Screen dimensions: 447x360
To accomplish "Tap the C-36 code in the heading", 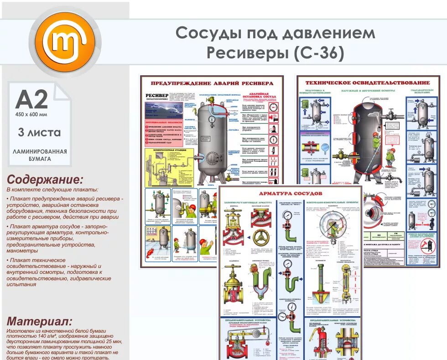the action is (x=319, y=53).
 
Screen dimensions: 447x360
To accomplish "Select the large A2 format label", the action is (x=31, y=99).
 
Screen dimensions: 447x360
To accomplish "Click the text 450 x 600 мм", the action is (x=31, y=114).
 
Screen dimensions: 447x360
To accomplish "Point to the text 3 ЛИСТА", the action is (x=39, y=133).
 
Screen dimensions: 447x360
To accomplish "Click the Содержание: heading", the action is (x=45, y=179).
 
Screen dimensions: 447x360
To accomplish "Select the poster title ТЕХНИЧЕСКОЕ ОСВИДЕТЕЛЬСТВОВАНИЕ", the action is (x=367, y=82).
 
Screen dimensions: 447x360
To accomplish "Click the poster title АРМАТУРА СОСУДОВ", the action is (x=290, y=193).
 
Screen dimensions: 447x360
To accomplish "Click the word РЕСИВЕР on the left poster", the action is (x=156, y=95).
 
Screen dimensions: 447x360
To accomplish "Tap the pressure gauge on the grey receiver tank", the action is (x=212, y=119).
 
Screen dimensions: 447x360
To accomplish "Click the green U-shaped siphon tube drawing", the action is (x=262, y=283).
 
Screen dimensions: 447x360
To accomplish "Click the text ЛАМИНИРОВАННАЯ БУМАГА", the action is (x=40, y=155).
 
